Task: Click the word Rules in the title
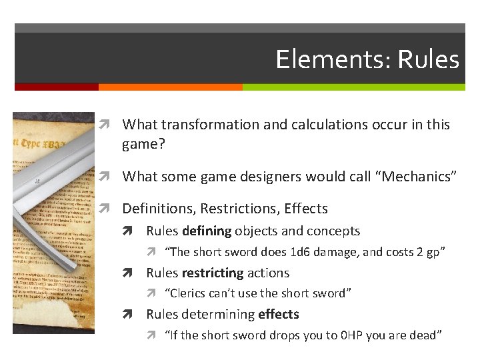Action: [429, 59]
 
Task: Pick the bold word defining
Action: [205, 231]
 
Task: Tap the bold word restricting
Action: [211, 273]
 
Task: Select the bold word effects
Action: [279, 314]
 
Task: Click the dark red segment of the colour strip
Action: [57, 87]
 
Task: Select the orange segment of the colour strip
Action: [170, 87]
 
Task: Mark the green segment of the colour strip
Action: [353, 87]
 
